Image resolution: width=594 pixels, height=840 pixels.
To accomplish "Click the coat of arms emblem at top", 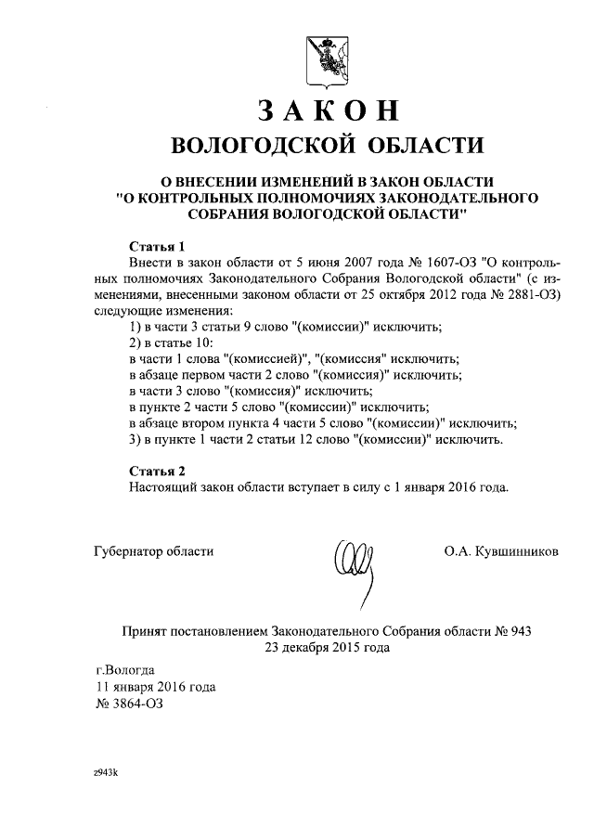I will [316, 57].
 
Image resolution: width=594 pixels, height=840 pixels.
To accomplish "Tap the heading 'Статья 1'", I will [157, 247].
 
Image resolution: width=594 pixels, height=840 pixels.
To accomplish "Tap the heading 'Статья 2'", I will [157, 471].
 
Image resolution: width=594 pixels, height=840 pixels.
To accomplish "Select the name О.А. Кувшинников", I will [501, 550].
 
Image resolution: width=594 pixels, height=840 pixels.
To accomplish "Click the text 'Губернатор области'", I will [154, 550].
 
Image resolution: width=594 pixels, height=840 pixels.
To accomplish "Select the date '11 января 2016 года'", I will [156, 687].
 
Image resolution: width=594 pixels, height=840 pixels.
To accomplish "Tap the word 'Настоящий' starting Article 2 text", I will [161, 486].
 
